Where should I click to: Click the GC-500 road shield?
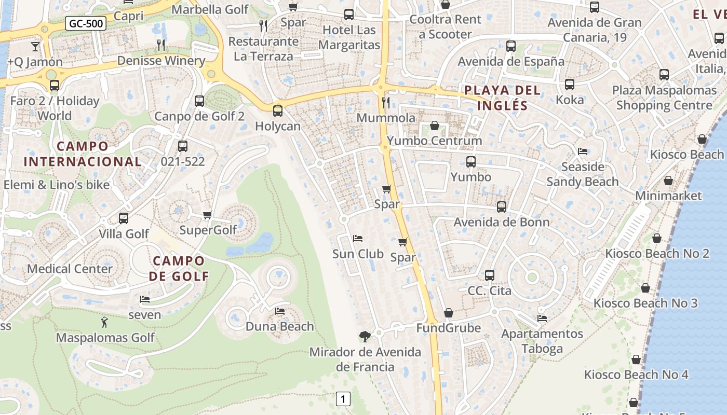pyautogui.click(x=86, y=23)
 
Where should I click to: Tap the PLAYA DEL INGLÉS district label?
pyautogui.click(x=502, y=98)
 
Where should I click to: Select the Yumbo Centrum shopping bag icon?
pyautogui.click(x=435, y=126)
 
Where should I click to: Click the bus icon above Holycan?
pyautogui.click(x=278, y=110)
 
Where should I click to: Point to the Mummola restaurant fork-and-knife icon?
pyautogui.click(x=385, y=102)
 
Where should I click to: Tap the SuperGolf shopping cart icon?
pyautogui.click(x=207, y=215)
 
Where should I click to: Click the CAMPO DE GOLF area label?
pyautogui.click(x=179, y=268)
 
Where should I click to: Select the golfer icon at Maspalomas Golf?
pyautogui.click(x=105, y=322)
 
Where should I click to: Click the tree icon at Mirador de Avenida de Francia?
pyautogui.click(x=365, y=336)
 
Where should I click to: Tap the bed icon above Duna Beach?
pyautogui.click(x=280, y=311)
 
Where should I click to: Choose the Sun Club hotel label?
pyautogui.click(x=358, y=254)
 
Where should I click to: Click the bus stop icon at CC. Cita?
pyautogui.click(x=490, y=275)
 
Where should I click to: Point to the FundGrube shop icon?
pyautogui.click(x=449, y=313)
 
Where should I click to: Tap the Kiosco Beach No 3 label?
pyautogui.click(x=645, y=303)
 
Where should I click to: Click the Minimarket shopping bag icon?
pyautogui.click(x=668, y=181)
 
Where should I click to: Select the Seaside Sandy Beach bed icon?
pyautogui.click(x=583, y=151)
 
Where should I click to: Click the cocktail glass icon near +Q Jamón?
pyautogui.click(x=35, y=46)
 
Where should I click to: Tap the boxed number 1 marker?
pyautogui.click(x=343, y=399)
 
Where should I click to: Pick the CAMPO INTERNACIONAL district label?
pyautogui.click(x=83, y=154)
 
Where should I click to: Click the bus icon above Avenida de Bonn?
pyautogui.click(x=502, y=207)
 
